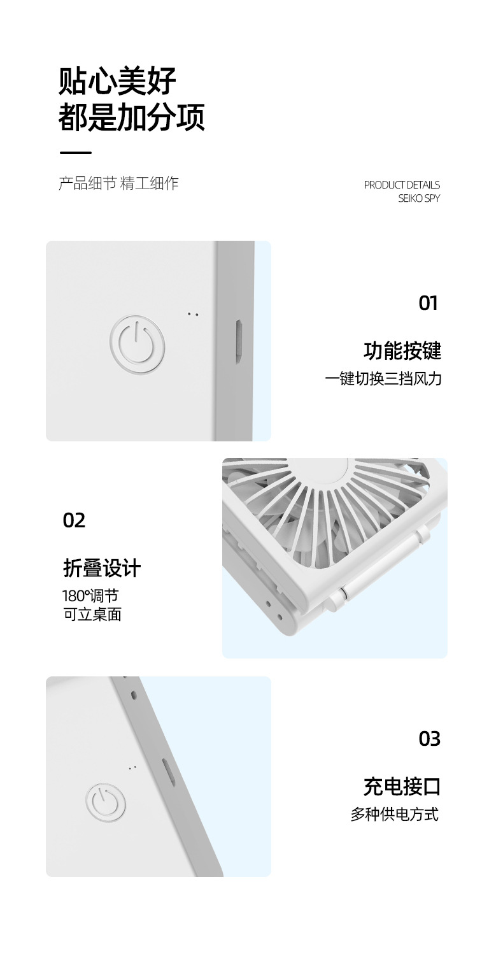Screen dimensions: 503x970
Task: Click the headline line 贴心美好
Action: click(x=117, y=82)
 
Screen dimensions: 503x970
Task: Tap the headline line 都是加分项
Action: click(x=131, y=117)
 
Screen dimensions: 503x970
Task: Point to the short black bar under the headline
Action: click(x=75, y=153)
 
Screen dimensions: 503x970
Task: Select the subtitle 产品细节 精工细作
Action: click(x=118, y=184)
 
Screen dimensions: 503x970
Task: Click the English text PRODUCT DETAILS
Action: click(x=402, y=185)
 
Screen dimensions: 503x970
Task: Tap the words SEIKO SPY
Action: click(x=419, y=198)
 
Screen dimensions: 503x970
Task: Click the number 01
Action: click(x=429, y=303)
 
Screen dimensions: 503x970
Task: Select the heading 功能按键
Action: click(x=402, y=351)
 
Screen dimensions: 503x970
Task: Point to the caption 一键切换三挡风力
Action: click(x=383, y=379)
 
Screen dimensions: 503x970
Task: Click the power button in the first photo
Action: click(x=137, y=343)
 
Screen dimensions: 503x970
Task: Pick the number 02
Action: click(x=74, y=520)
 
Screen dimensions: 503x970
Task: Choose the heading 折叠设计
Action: click(x=102, y=567)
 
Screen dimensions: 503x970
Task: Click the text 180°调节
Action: click(x=90, y=596)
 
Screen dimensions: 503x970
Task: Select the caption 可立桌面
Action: click(x=92, y=615)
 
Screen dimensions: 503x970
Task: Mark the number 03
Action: click(x=430, y=739)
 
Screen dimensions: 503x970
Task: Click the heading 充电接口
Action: click(x=402, y=787)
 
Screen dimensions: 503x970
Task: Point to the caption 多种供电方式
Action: click(x=395, y=815)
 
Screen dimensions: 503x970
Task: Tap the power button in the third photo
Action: click(x=106, y=802)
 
